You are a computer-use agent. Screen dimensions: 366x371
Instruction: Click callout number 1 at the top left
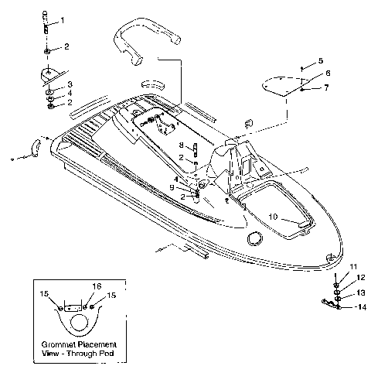coord(63,19)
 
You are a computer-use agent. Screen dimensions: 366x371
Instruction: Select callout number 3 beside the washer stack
coord(70,84)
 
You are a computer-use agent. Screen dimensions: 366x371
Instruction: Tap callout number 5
coord(321,60)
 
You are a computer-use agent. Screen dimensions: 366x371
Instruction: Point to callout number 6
coord(327,74)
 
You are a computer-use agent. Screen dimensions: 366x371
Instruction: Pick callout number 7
coord(327,88)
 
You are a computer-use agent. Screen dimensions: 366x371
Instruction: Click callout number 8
coord(181,145)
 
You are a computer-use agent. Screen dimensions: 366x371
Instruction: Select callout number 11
coord(354,266)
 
